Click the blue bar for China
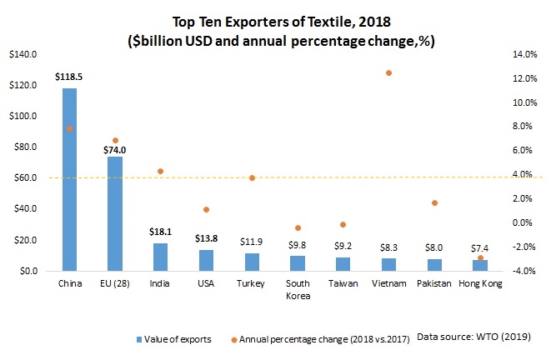69,179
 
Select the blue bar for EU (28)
114,213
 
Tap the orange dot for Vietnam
388,73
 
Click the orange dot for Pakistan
434,203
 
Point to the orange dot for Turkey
252,178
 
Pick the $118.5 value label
69,77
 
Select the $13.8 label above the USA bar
206,240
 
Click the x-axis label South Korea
297,290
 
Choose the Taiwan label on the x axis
343,284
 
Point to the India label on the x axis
160,284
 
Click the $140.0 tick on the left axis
22,55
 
